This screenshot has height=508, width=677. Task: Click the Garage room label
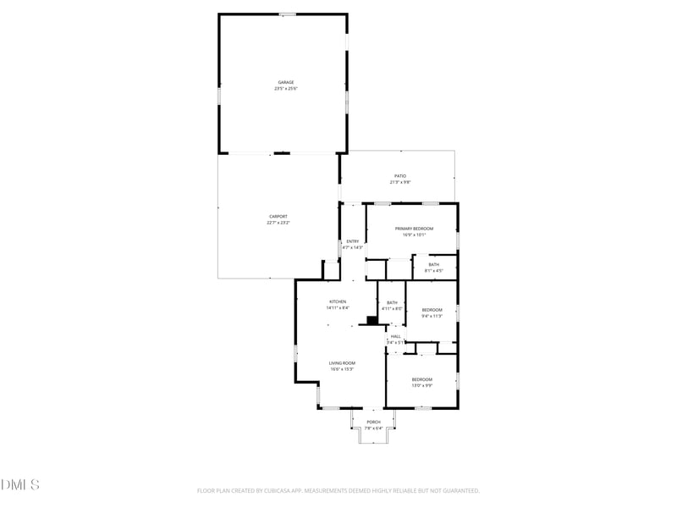tap(286, 82)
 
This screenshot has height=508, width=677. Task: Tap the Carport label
tap(278, 217)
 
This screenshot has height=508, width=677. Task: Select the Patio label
tap(400, 176)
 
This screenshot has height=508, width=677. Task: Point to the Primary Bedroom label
tap(414, 229)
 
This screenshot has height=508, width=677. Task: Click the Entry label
tap(352, 241)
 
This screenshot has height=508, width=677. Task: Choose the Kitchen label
tap(338, 302)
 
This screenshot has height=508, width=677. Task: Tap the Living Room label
tap(341, 363)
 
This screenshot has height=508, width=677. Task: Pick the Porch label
tap(373, 422)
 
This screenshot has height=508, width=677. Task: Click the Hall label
tap(395, 336)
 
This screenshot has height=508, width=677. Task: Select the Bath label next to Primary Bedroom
tap(433, 265)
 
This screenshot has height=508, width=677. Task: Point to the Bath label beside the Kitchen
tap(392, 302)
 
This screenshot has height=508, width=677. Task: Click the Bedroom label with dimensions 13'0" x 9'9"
tap(421, 379)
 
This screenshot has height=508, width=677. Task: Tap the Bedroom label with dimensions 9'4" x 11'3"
tap(432, 310)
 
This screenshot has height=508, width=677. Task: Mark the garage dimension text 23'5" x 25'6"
tap(286, 88)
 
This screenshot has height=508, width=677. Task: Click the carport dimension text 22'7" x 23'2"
tap(278, 223)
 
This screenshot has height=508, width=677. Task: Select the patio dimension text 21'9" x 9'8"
tap(400, 182)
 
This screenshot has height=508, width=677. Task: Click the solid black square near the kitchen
tap(372, 319)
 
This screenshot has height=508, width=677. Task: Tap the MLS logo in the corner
tap(20, 485)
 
